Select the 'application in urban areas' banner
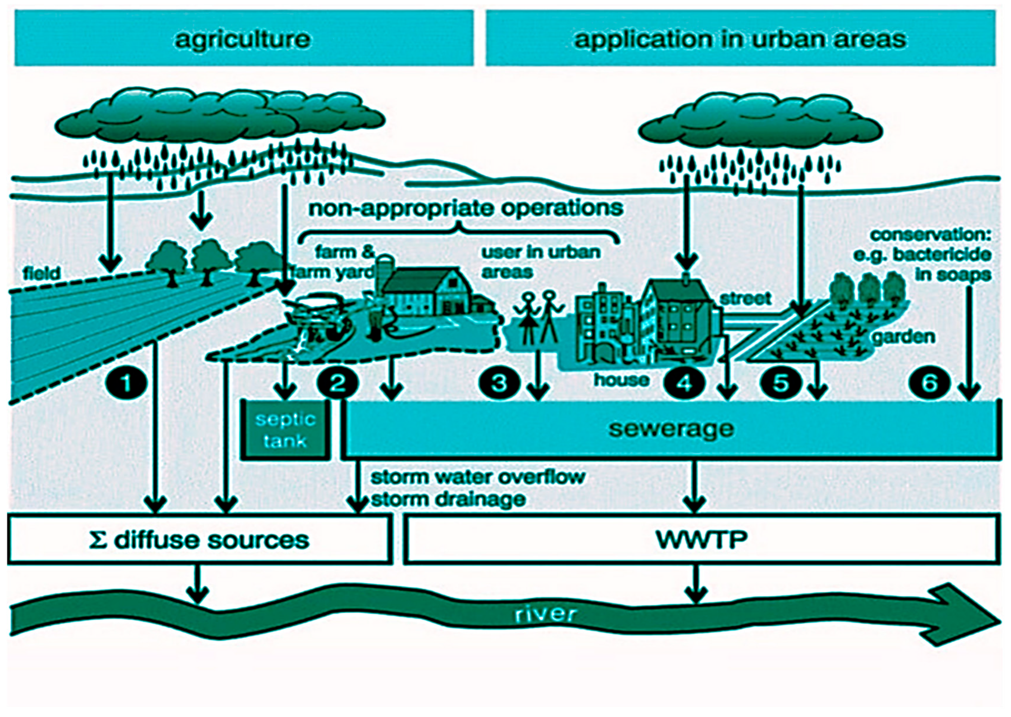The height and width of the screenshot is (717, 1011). (740, 39)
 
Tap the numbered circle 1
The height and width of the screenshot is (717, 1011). (126, 382)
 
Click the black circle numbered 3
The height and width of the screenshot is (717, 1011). (499, 382)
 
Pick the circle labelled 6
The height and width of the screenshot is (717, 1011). (929, 382)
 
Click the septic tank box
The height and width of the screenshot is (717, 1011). (285, 430)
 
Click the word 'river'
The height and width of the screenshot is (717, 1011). (546, 614)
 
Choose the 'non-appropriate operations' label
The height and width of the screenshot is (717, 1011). (466, 208)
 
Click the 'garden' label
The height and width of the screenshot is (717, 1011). (904, 337)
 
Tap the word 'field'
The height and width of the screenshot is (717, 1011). (42, 273)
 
